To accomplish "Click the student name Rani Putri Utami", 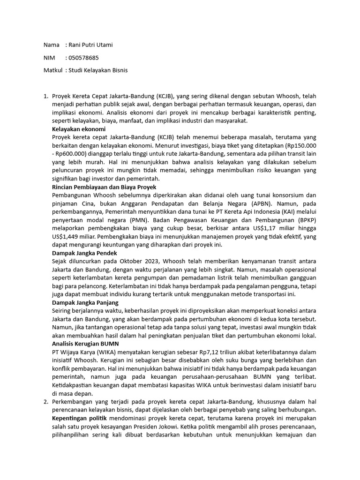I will pyautogui.click(x=91, y=45).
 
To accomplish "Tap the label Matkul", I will pyautogui.click(x=52, y=70).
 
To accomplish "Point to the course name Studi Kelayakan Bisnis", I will pyautogui.click(x=98, y=70).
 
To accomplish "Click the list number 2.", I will pyautogui.click(x=45, y=402).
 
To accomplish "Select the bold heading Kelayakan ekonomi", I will pyautogui.click(x=79, y=129).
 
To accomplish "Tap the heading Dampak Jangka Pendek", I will pyautogui.click(x=83, y=252).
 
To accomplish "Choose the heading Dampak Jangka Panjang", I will pyautogui.click(x=85, y=303).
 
